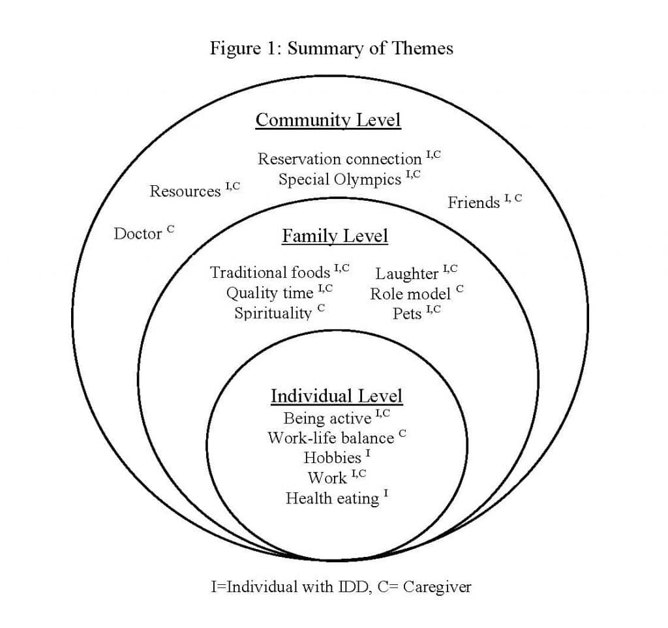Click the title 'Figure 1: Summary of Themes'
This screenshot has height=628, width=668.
(x=331, y=48)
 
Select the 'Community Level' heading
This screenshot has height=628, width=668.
(x=328, y=120)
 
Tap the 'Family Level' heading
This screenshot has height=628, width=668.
(x=335, y=235)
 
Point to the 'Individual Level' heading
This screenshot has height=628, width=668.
(x=337, y=396)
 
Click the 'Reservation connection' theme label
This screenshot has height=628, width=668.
(x=340, y=158)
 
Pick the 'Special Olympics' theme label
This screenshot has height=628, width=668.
(x=340, y=179)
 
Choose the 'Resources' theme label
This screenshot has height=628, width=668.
(x=185, y=191)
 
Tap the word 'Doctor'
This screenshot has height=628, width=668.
(x=138, y=233)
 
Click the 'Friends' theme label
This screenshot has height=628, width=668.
(x=474, y=203)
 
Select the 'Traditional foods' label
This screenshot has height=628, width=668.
(x=270, y=272)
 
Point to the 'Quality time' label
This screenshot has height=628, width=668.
(x=270, y=293)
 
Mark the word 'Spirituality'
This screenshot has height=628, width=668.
(x=273, y=313)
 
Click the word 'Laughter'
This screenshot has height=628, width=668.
(x=407, y=273)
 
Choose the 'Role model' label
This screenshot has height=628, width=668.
(x=410, y=293)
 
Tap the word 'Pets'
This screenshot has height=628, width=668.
(x=407, y=314)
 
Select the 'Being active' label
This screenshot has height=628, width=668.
(x=327, y=417)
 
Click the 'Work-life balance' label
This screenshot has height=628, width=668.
(x=331, y=438)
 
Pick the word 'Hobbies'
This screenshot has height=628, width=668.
(x=332, y=458)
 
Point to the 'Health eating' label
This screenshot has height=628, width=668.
(x=332, y=499)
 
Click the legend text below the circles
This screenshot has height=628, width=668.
(x=341, y=586)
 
